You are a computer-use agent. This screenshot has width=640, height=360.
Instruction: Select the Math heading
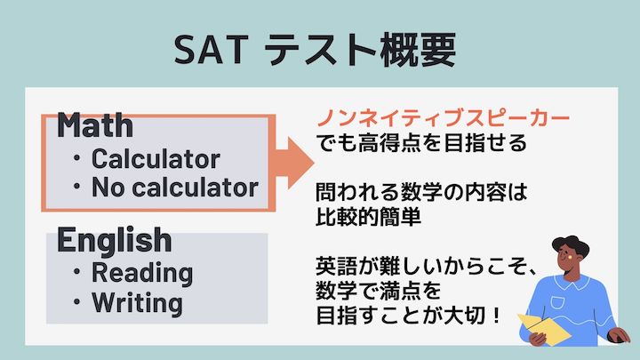(95, 126)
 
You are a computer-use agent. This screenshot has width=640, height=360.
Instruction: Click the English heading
(114, 238)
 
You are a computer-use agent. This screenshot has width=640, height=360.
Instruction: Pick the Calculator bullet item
(155, 159)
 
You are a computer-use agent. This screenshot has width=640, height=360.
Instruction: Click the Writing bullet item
(137, 302)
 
